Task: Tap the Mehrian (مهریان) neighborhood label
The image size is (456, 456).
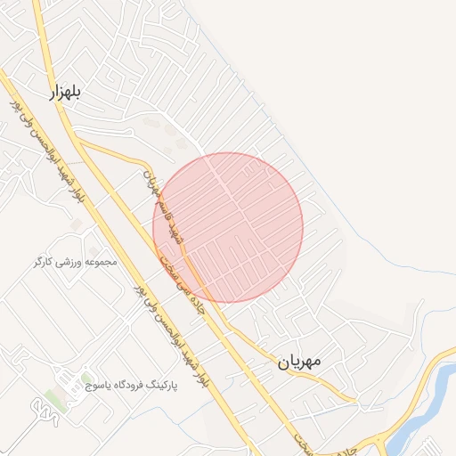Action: [x=302, y=362]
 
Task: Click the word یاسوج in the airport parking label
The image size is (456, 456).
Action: [x=97, y=387]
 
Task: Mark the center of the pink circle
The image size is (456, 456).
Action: [x=228, y=227]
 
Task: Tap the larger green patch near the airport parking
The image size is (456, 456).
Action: [x=55, y=400]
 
